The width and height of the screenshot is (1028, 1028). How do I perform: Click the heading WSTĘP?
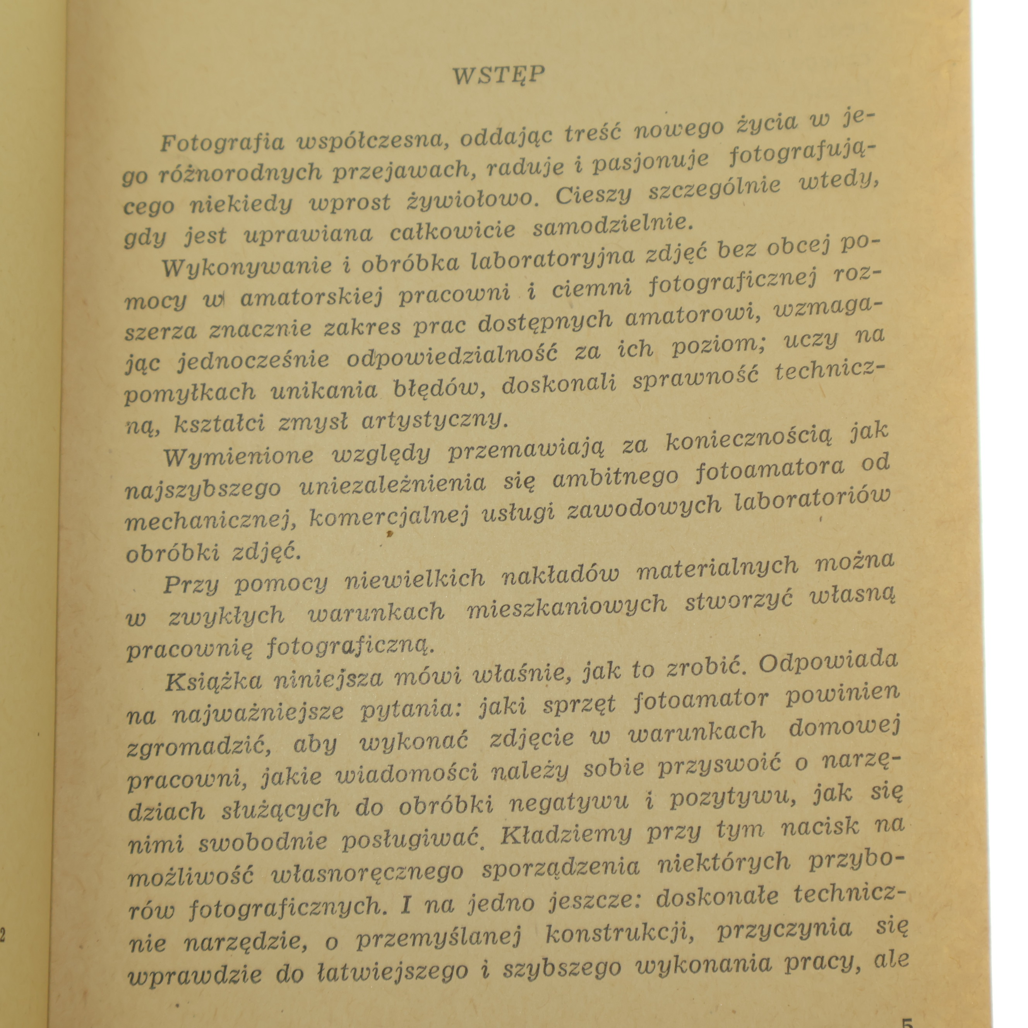tap(499, 75)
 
